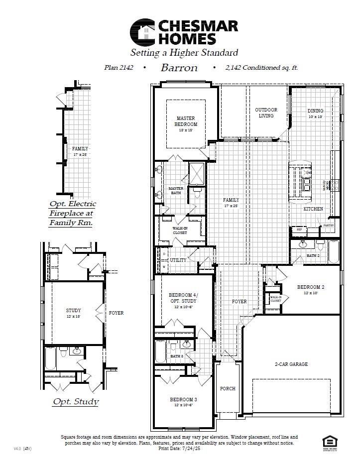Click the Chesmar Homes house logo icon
(142, 32)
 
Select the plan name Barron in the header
(179, 68)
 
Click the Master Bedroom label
(186, 121)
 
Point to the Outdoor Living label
(266, 113)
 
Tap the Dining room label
(315, 111)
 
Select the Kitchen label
(313, 209)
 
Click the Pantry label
(328, 226)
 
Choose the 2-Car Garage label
(291, 364)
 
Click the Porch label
(228, 388)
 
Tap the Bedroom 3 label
(183, 400)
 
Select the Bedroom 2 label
(311, 287)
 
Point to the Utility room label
(178, 260)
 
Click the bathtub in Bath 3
(160, 351)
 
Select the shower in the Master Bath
(196, 174)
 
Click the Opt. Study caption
(76, 402)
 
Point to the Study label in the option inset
(73, 311)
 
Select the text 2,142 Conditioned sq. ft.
(261, 68)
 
